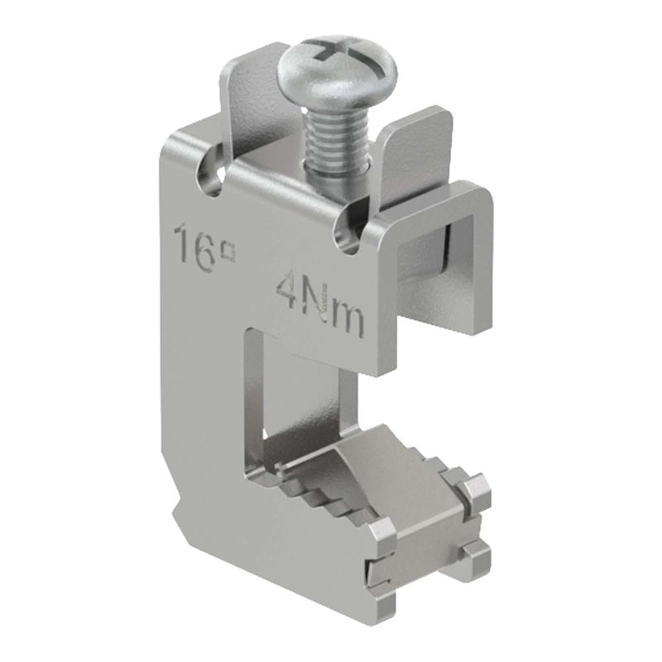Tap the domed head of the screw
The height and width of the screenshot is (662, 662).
pyautogui.click(x=337, y=73)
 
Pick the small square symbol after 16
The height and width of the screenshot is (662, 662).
pyautogui.click(x=229, y=252)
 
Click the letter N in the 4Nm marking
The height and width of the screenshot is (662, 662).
pyautogui.click(x=318, y=302)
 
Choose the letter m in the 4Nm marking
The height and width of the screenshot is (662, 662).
pyautogui.click(x=348, y=321)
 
